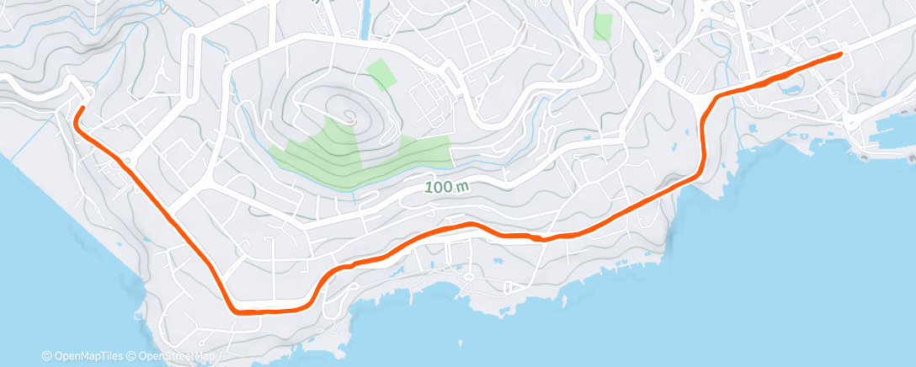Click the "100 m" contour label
pos(444,187)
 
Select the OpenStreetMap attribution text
pos(173,357)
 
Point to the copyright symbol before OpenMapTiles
pos(47,357)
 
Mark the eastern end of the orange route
pos(840,55)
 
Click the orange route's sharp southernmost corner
pos(235,310)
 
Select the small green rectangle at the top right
pos(603,26)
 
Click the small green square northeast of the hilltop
pos(381,75)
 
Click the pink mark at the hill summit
pos(349,115)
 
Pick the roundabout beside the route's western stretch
pos(129,159)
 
